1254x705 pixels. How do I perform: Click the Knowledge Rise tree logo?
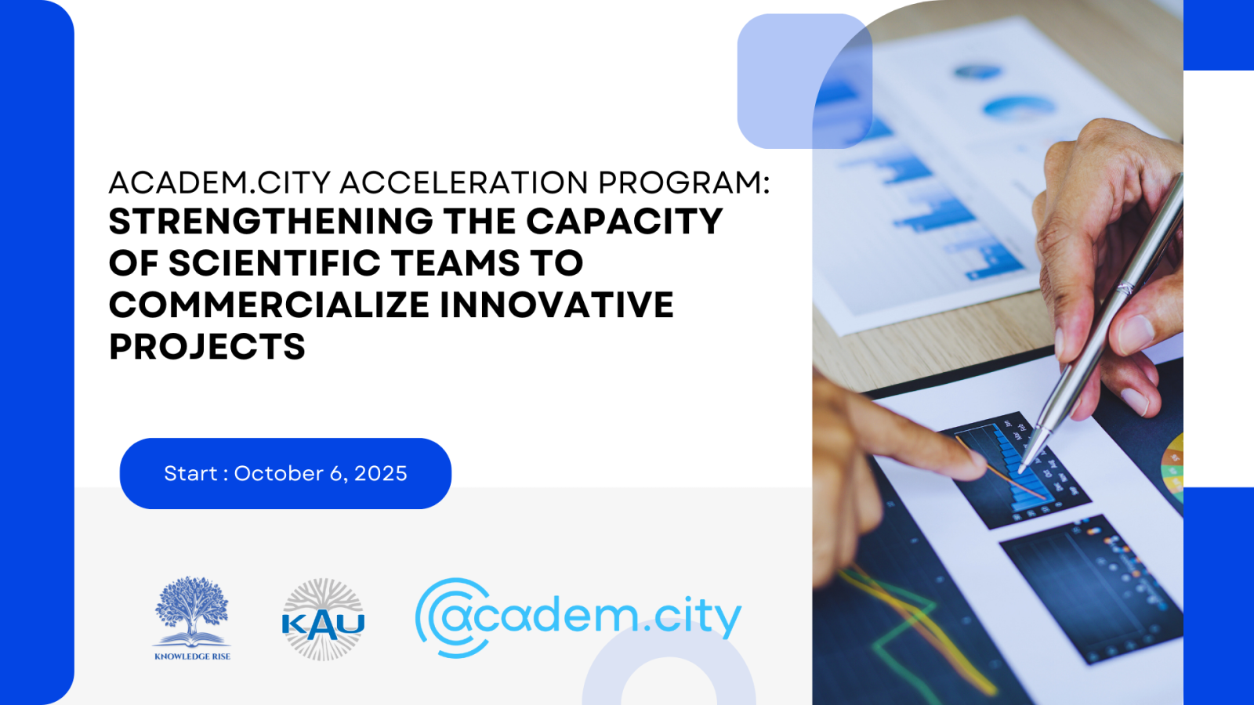coord(192,611)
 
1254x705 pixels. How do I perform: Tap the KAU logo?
coord(323,620)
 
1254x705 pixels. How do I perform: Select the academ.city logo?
coord(578,617)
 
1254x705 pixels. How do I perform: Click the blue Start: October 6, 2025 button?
coord(285,473)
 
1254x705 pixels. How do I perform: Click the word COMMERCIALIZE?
coord(270,305)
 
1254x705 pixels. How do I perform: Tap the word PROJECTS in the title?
coord(207,347)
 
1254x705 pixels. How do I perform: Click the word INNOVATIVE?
coord(556,305)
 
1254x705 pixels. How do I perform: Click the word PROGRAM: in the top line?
coord(684,183)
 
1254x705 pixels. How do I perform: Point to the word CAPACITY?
coord(624,222)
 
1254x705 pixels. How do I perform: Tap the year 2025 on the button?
coord(381,473)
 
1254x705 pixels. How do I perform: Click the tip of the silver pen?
coord(1021,471)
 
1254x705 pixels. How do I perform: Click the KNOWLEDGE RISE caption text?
coord(192,656)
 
